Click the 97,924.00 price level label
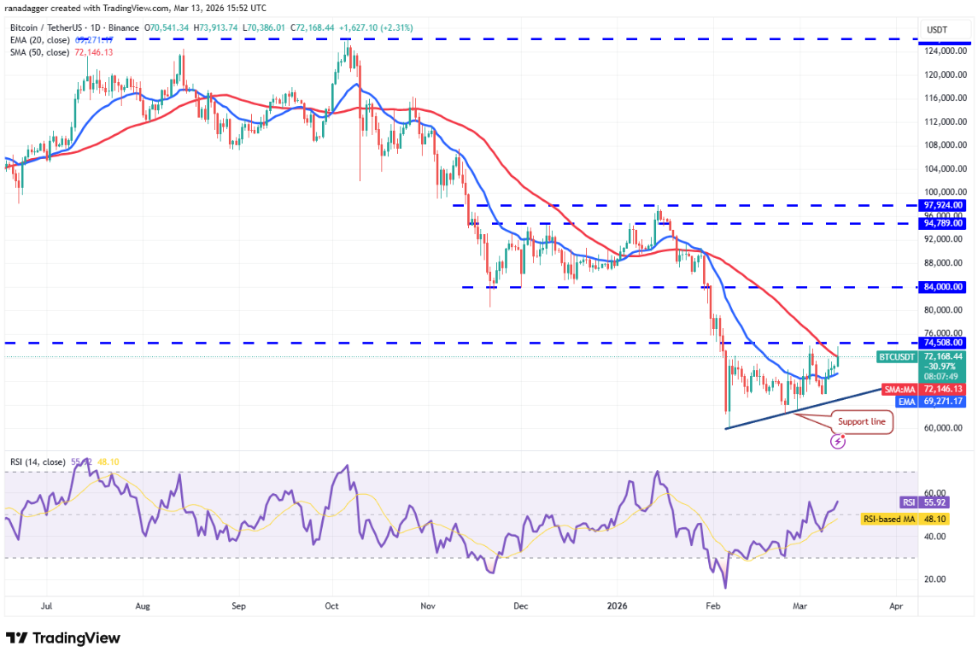943,205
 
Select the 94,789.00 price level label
943,223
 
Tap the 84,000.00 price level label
943,287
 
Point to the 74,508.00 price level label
943,343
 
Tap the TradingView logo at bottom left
63,638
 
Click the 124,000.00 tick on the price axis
944,50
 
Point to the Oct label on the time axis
332,608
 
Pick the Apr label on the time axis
896,608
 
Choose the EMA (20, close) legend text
39,40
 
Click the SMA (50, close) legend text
39,52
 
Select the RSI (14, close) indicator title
37,462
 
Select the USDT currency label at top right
937,30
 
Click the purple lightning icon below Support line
839,441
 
